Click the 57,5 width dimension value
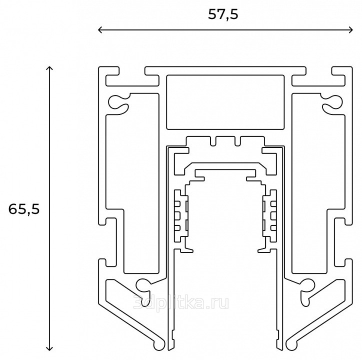click(223, 15)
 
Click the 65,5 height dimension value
click(24, 209)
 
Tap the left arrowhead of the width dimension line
click(100, 30)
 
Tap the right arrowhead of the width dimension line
click(351, 30)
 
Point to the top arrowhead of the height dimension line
click(49, 68)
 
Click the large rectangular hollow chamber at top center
click(225, 102)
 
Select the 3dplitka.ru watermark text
click(181, 302)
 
